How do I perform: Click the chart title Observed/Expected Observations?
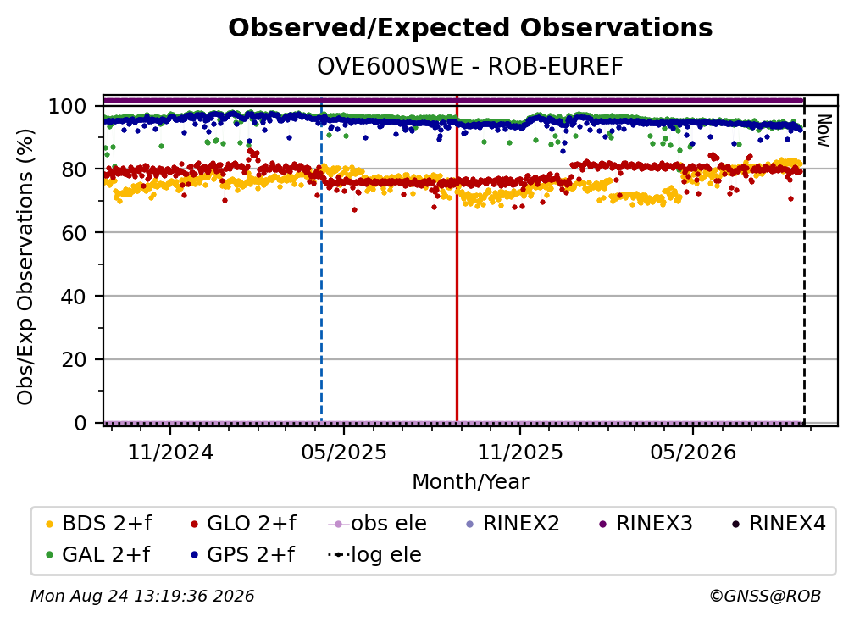click(470, 28)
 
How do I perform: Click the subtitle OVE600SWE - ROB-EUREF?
click(470, 67)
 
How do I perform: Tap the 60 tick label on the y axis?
click(74, 233)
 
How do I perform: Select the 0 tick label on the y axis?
click(80, 423)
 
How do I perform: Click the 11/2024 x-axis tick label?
click(170, 452)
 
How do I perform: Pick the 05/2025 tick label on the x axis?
click(344, 452)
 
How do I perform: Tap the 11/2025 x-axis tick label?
click(520, 452)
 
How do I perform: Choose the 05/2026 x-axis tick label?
click(693, 452)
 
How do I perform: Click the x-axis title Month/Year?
click(470, 481)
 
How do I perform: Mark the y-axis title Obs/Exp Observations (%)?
click(25, 267)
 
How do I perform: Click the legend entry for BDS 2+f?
click(98, 524)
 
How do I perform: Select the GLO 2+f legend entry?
click(243, 524)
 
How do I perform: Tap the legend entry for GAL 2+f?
click(98, 555)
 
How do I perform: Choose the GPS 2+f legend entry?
click(242, 555)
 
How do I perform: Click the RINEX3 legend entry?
click(646, 524)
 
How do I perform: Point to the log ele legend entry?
click(374, 555)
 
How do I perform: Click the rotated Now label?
click(823, 131)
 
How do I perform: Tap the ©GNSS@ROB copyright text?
click(765, 597)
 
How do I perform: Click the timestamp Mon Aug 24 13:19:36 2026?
click(142, 597)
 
